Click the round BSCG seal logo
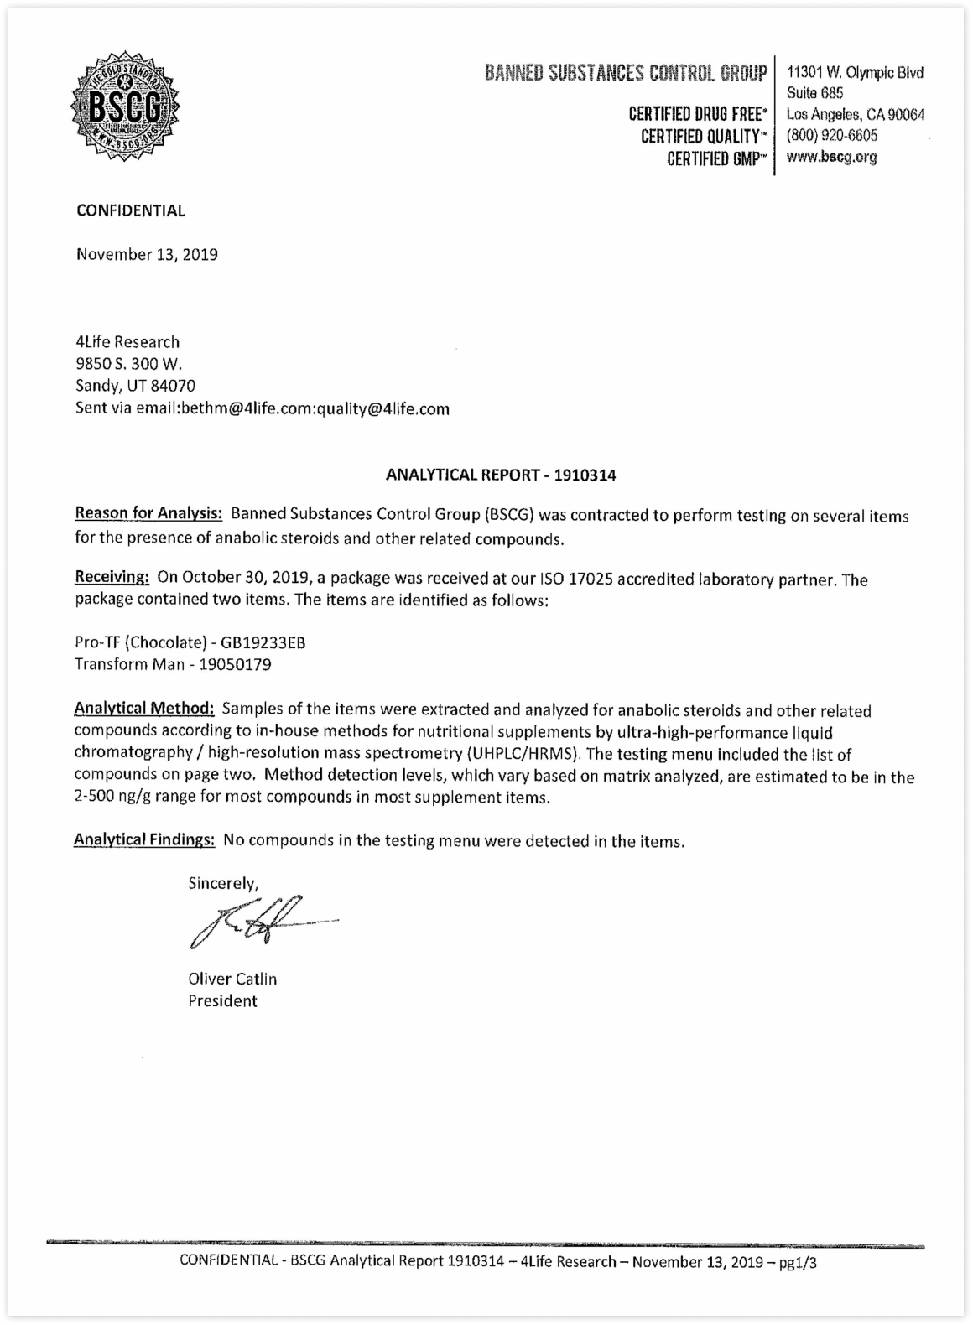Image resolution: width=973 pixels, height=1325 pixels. pos(126,107)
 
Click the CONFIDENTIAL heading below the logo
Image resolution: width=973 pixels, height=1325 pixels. pos(131,210)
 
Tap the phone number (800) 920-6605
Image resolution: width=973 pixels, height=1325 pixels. pos(832,136)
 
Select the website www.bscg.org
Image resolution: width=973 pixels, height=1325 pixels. pos(831,157)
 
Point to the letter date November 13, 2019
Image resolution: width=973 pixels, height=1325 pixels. pos(147,254)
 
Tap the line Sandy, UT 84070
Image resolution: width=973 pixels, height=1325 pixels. pos(135,386)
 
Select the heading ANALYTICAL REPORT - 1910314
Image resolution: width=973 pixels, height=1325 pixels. pos(501,475)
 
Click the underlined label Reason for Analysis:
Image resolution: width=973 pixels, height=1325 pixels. pos(148,513)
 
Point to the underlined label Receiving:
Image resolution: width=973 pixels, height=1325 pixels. pos(112,577)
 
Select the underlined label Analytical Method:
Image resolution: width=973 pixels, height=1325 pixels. pos(144,709)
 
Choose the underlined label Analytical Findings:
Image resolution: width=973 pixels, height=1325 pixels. pos(144,839)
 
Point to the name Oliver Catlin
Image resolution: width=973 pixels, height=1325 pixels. pos(232,979)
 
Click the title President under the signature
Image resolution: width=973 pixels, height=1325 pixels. pos(222,1000)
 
